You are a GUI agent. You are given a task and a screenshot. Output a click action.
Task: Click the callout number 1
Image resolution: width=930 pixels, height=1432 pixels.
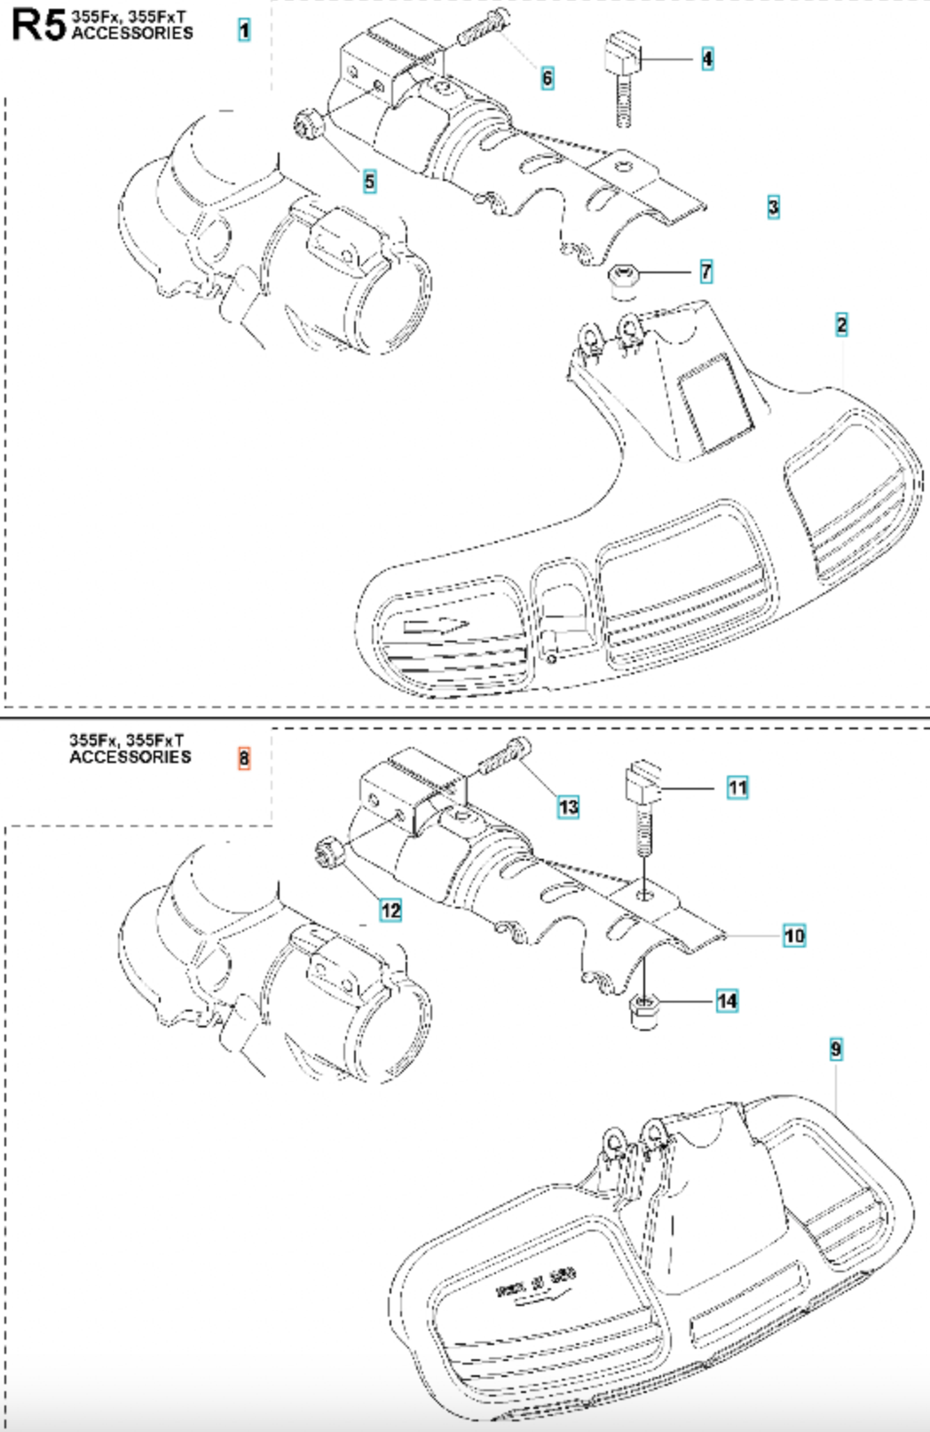tap(244, 30)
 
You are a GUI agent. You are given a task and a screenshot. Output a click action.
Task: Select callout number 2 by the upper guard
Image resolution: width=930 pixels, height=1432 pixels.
tap(841, 325)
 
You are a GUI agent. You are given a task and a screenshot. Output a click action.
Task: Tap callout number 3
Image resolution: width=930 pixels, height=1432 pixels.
tap(774, 207)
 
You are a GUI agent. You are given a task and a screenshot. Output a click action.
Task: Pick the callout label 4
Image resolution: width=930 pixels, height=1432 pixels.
tap(707, 59)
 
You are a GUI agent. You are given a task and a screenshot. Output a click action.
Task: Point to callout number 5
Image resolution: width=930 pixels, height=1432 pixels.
tap(369, 181)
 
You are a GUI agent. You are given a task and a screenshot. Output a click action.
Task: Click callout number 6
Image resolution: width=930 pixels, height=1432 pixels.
tap(548, 78)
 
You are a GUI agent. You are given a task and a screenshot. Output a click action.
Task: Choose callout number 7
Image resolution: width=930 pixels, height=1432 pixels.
tap(706, 271)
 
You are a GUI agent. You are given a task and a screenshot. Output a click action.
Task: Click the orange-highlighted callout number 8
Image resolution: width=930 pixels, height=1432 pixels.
tap(244, 758)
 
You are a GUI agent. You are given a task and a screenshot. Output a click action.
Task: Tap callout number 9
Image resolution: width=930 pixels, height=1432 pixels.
tap(836, 1049)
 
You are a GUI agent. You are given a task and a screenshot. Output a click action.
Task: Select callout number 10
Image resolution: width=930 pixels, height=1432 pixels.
tap(794, 935)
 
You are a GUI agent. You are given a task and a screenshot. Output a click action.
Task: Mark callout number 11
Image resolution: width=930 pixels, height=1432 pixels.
tap(737, 787)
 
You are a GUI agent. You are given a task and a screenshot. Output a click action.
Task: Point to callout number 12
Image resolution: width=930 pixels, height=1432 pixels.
tap(390, 909)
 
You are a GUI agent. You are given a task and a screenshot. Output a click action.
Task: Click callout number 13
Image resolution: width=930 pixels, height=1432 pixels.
tap(569, 806)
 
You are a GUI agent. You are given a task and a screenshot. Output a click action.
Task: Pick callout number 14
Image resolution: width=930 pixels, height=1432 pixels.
tap(728, 1001)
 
